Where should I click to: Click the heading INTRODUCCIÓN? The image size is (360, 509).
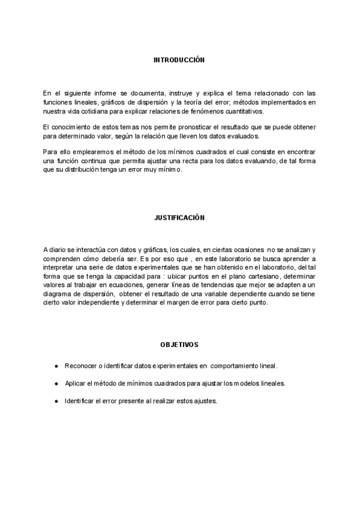coord(179,61)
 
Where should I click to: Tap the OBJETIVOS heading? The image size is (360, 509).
coord(179,345)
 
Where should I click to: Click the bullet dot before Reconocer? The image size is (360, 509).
coord(56,366)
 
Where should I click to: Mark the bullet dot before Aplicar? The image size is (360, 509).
coord(56,383)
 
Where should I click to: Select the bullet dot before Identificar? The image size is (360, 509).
coord(56,400)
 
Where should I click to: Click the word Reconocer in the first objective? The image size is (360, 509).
coord(80,366)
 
